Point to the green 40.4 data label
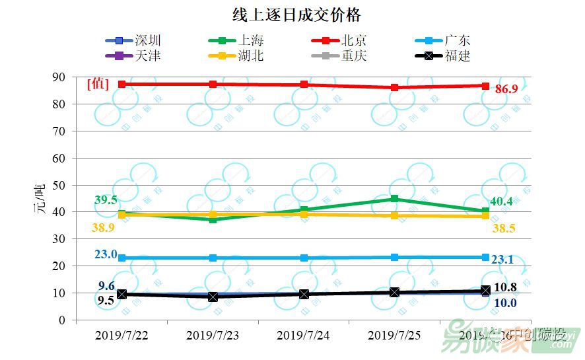502,201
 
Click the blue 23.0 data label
106,254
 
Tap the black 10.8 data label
505,287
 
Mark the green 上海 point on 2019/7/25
394,199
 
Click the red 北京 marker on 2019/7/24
304,85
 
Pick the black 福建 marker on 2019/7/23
213,297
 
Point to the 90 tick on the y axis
61,77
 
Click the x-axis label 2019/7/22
121,335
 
